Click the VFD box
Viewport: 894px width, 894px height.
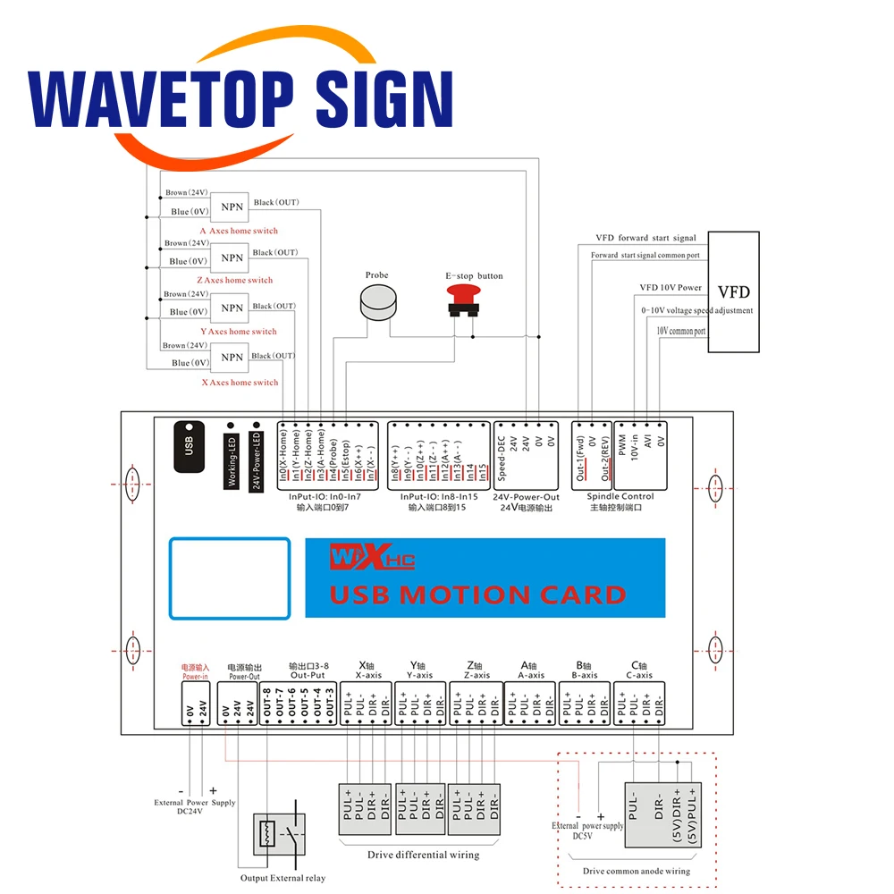click(733, 291)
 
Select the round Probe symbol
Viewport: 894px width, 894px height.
click(375, 304)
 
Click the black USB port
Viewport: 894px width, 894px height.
click(189, 443)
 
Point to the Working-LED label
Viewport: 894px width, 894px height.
click(231, 460)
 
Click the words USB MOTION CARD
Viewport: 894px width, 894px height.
click(478, 595)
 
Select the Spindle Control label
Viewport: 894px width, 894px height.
click(620, 497)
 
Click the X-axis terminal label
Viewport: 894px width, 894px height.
click(368, 676)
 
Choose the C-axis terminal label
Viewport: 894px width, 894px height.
click(639, 676)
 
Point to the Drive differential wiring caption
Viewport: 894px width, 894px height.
click(423, 855)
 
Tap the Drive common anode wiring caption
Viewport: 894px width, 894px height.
click(636, 871)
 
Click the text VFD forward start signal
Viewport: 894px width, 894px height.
click(645, 239)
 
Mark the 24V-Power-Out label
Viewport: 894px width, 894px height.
click(526, 497)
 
